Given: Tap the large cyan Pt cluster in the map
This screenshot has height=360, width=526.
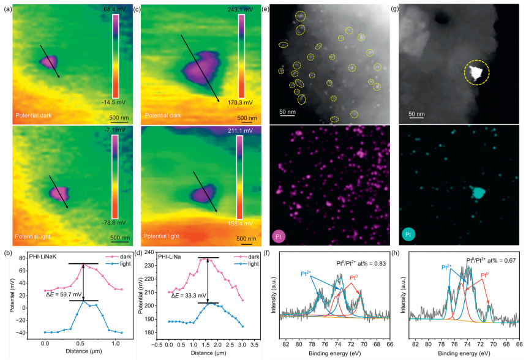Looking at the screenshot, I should click(476, 192).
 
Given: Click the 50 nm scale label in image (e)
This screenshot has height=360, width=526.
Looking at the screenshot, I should click(288, 111).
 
